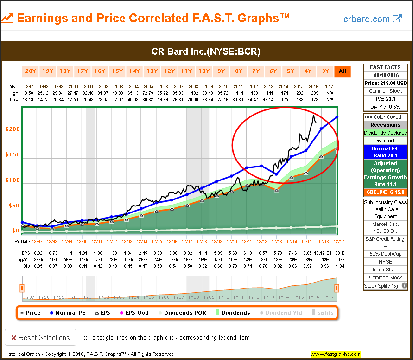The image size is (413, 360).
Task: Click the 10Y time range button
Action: coord(204,71)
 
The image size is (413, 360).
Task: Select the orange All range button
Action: coord(343,71)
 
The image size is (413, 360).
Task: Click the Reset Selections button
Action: coord(39,337)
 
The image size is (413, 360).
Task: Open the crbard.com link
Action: coord(372,19)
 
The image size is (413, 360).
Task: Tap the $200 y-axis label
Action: coord(13,129)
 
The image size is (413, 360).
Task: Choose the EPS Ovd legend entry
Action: coord(133,313)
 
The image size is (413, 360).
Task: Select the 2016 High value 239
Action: coord(313,93)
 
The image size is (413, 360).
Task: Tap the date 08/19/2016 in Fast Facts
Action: coord(385,75)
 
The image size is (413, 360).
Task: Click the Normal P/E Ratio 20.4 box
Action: coord(385,152)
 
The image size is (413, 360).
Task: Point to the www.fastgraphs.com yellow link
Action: coord(336,354)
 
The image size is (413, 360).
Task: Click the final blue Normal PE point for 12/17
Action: coord(337,117)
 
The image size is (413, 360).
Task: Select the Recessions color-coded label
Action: coord(385,125)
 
